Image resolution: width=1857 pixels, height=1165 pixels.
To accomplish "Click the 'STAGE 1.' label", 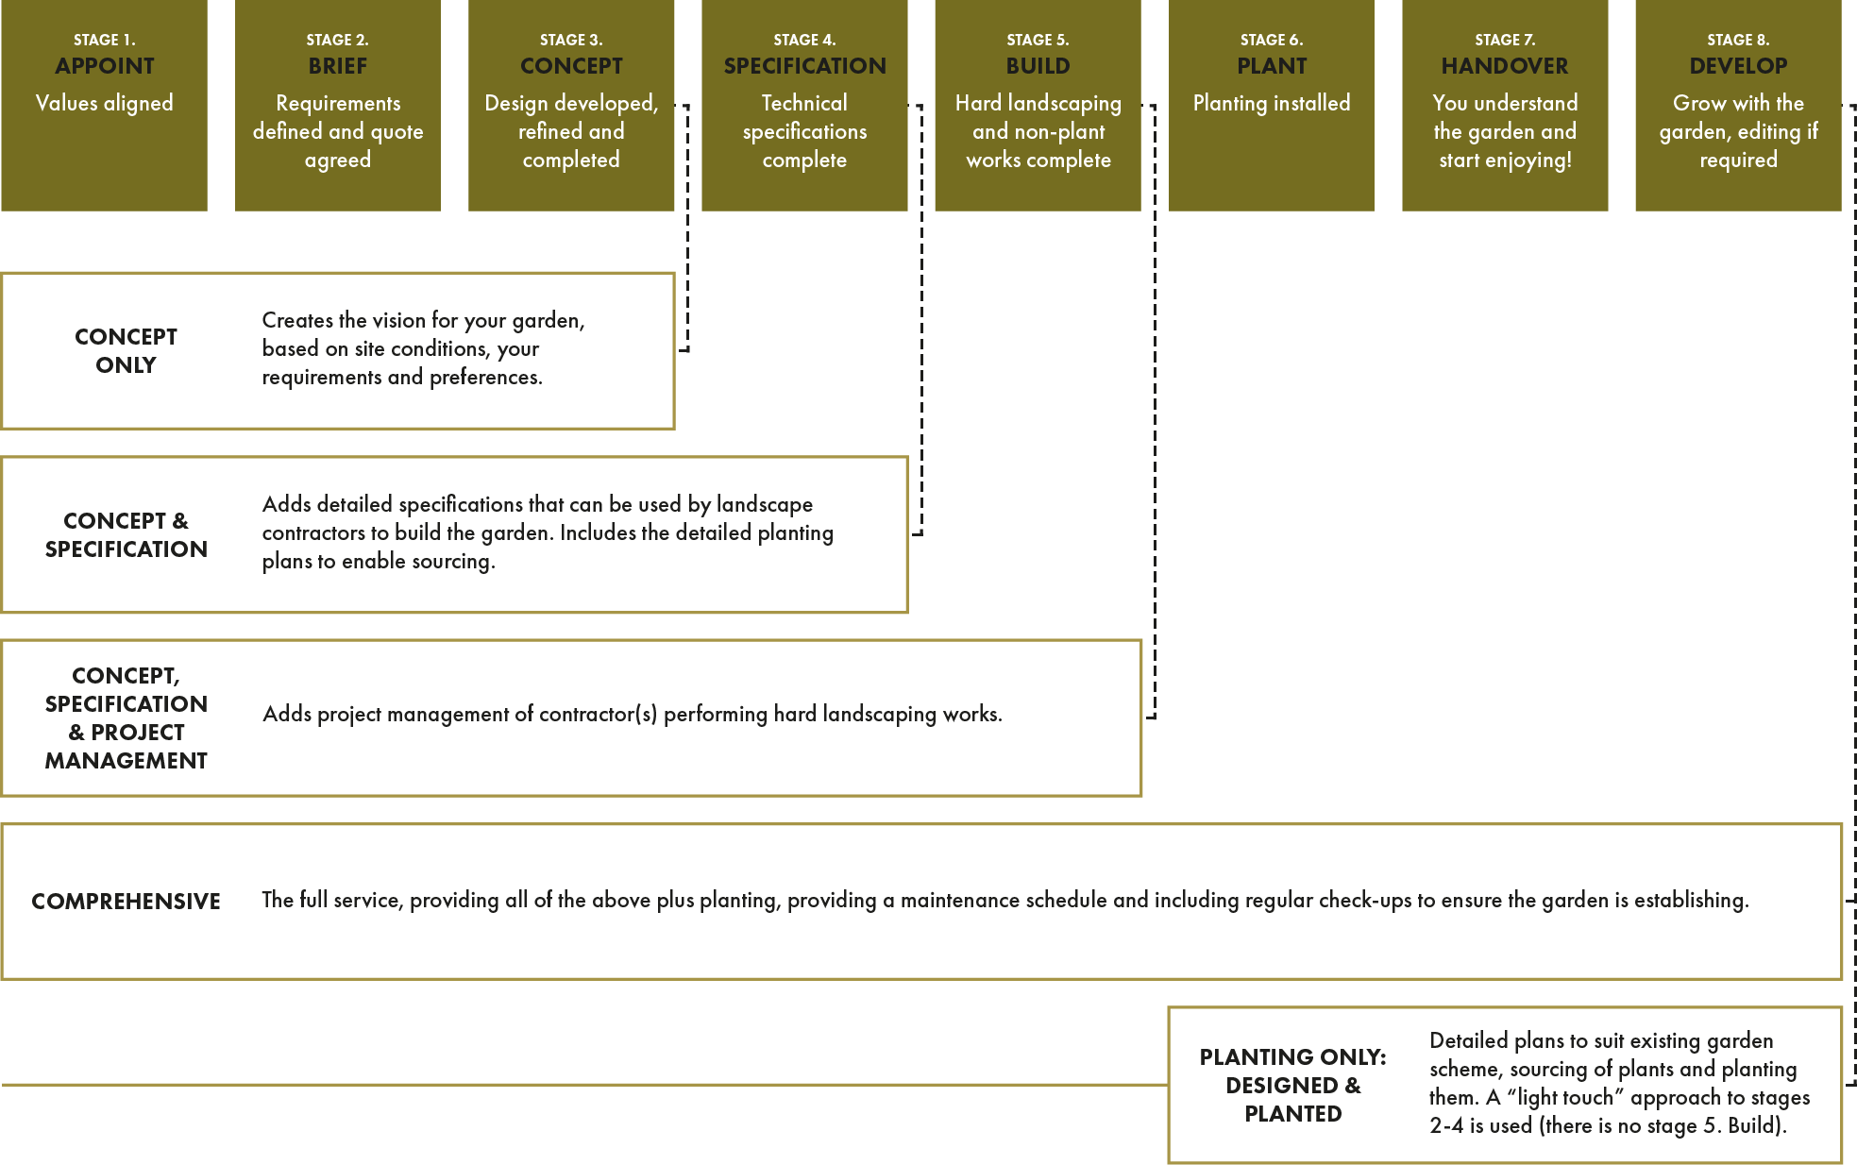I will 104,40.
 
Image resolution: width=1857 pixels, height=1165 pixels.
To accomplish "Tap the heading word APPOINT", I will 104,66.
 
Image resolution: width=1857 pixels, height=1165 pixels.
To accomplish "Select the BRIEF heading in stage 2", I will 337,66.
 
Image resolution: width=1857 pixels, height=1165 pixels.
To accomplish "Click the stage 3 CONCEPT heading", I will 571,66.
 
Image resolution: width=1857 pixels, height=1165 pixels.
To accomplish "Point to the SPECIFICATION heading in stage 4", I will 804,66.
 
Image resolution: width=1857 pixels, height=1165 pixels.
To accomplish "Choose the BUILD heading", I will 1038,66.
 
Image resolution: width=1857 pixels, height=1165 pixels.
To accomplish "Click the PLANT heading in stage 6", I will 1272,66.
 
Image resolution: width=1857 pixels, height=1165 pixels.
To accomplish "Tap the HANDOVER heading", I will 1505,66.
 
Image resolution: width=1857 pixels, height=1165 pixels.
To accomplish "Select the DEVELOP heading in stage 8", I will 1738,66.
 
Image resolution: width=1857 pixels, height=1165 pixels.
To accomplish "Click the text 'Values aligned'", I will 104,103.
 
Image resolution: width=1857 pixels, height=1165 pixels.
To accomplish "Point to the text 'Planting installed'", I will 1272,103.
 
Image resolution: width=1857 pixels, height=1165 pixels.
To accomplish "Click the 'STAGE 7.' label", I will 1505,40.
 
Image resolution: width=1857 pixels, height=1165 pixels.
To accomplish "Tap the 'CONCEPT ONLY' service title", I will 126,351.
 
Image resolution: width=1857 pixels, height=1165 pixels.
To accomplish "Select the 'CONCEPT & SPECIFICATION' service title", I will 126,535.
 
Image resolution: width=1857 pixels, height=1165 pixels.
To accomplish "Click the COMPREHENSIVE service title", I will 126,902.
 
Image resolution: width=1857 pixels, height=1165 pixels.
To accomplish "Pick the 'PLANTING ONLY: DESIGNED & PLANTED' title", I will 1292,1086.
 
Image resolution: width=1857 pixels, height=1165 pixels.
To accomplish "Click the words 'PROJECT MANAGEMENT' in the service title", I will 126,747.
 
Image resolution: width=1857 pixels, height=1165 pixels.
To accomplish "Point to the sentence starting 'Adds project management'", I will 632,715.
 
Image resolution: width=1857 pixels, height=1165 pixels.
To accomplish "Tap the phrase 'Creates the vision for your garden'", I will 423,321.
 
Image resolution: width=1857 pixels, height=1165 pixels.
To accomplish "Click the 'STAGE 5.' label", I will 1038,40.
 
